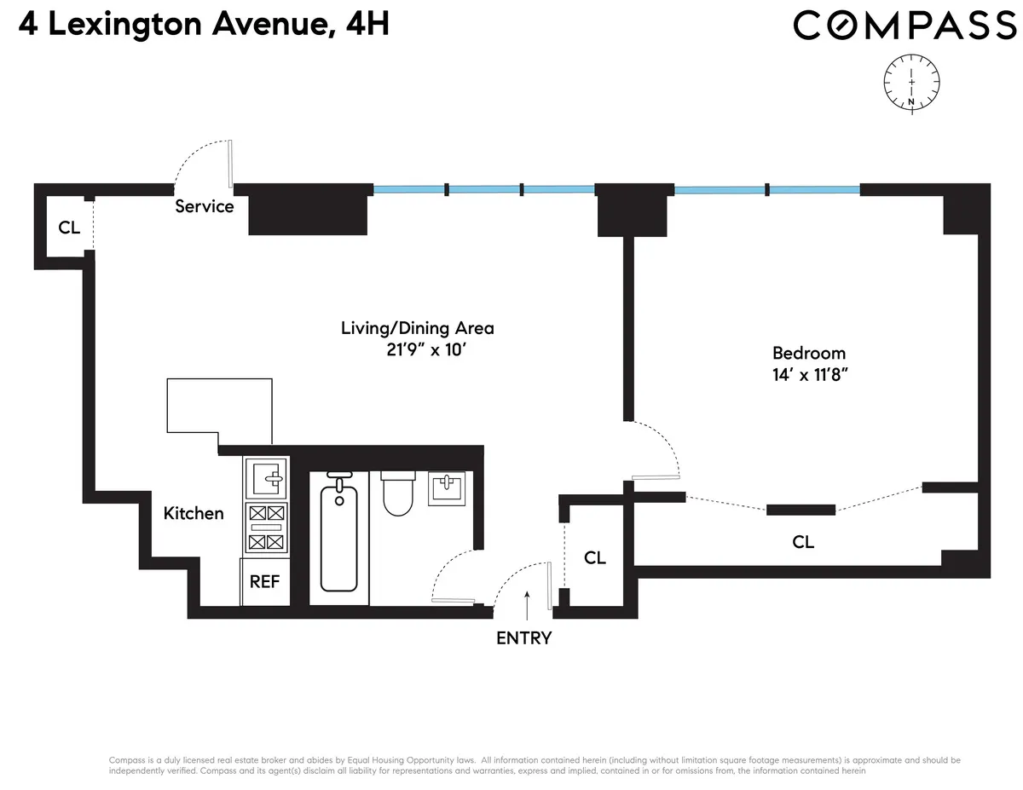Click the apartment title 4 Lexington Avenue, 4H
196,23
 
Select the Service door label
205,206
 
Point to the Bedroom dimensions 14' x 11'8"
809,374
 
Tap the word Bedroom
809,353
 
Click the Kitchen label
194,513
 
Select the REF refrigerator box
266,581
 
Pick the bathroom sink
448,487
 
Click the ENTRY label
524,637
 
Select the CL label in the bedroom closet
803,542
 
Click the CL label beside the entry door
595,558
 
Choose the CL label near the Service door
69,228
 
